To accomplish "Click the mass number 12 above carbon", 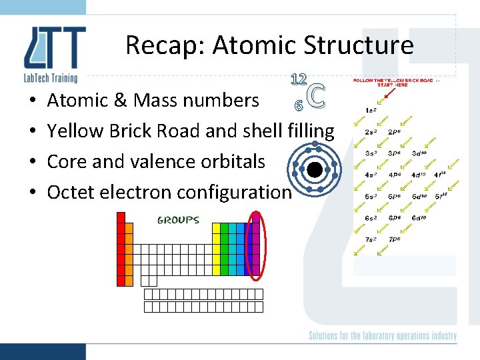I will pos(298,79).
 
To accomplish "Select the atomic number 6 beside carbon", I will pos(299,105).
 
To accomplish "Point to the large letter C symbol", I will pos(318,96).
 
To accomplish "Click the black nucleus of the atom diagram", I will pos(315,170).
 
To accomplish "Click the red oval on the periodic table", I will pos(255,244).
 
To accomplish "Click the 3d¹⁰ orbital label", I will pos(419,154).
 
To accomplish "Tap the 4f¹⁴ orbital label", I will pos(441,175).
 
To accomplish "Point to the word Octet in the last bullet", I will pos(71,192).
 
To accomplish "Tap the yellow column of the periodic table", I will pos(216,249).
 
